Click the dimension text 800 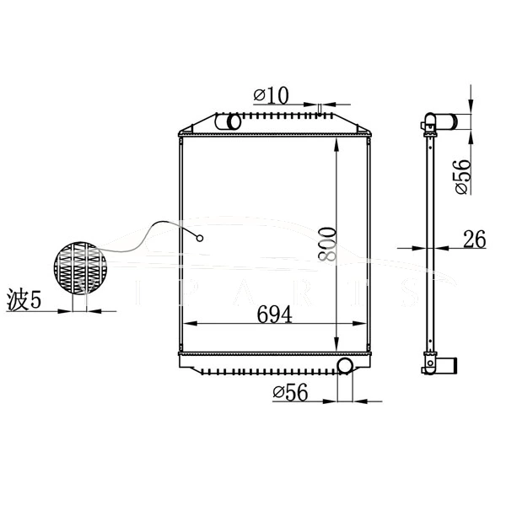pyautogui.click(x=328, y=244)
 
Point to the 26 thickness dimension pyautogui.click(x=474, y=240)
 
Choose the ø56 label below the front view pyautogui.click(x=288, y=391)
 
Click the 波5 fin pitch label pyautogui.click(x=24, y=299)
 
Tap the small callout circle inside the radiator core pyautogui.click(x=201, y=238)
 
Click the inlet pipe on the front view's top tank pyautogui.click(x=229, y=123)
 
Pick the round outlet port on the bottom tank pyautogui.click(x=344, y=365)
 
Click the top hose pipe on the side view pyautogui.click(x=456, y=121)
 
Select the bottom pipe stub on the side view pyautogui.click(x=449, y=366)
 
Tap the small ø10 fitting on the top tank pyautogui.click(x=320, y=107)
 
